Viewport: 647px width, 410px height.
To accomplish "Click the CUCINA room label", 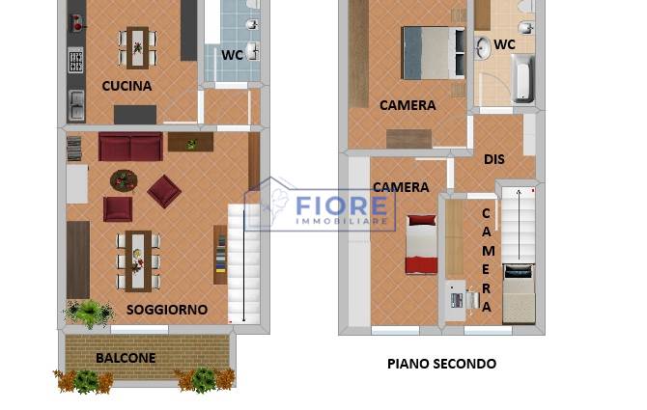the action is [x=127, y=86].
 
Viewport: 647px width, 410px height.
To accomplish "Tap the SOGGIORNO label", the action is [x=167, y=310].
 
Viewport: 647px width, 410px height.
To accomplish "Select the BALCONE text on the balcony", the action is [x=126, y=358].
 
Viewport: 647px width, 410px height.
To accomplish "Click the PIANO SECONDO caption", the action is [x=441, y=364].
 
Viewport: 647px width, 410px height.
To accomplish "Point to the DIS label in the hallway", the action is [x=493, y=159].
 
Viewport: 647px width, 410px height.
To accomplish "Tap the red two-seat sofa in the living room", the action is [x=130, y=147].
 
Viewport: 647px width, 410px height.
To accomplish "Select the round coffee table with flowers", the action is [x=124, y=180].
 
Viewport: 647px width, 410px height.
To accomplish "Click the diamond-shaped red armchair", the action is [x=164, y=191].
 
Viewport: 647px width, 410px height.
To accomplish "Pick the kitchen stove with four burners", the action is [x=75, y=60].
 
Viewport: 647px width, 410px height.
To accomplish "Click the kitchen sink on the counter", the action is [x=76, y=105].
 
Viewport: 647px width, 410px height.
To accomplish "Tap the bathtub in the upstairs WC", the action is [x=522, y=79].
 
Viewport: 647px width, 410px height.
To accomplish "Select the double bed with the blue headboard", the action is [x=434, y=53].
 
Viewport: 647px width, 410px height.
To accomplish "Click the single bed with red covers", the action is [x=421, y=244].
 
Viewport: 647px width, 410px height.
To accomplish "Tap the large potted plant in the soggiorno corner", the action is [x=89, y=313].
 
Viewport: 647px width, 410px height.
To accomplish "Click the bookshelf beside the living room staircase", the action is [x=220, y=255].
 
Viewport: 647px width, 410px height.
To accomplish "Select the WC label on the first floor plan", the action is [x=232, y=55].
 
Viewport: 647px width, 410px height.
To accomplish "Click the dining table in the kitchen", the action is [x=137, y=48].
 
